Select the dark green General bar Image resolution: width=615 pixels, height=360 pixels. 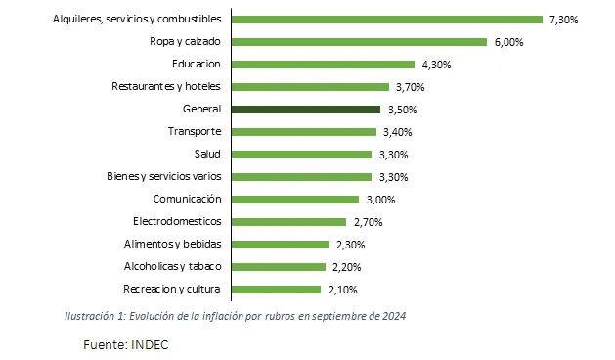click(306, 110)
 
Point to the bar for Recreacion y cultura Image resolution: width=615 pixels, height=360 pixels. click(277, 289)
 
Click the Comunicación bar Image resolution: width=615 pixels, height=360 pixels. click(294, 199)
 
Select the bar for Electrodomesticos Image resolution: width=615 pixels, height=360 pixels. click(289, 221)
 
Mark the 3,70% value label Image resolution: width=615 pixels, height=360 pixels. click(410, 87)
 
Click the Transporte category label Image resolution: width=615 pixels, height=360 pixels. click(195, 131)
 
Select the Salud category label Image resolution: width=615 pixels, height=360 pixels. click(208, 154)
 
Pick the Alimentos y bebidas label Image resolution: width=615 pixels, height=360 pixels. click(173, 244)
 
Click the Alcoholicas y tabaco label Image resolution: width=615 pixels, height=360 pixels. click(173, 266)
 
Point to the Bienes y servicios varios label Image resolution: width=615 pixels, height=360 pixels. click(164, 176)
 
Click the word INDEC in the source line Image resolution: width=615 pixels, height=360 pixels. click(151, 344)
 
